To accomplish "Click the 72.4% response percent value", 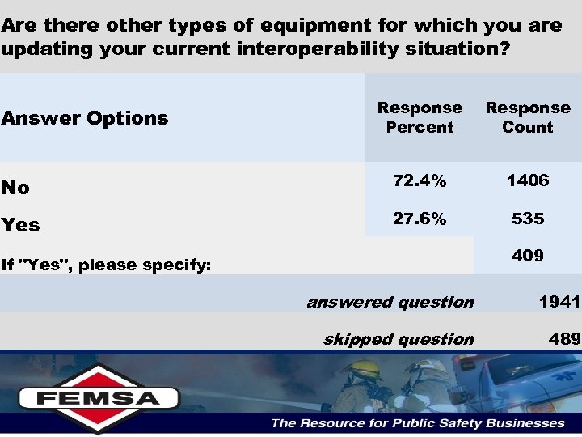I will (x=420, y=181).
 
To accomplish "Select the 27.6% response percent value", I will (x=420, y=218).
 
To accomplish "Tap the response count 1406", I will (x=528, y=181).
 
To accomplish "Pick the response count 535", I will (x=528, y=218).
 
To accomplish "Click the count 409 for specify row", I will (x=528, y=256).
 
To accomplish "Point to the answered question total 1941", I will (x=559, y=302).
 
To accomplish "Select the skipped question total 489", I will (x=564, y=339).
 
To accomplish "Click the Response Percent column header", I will (x=420, y=117).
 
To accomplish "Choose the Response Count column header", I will (x=528, y=117).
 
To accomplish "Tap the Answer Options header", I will (x=85, y=118).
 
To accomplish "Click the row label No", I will (x=15, y=188).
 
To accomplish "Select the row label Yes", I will (x=20, y=225).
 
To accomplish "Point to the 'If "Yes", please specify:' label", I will (x=106, y=265).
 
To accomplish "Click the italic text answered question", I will (x=390, y=302).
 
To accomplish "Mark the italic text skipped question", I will (x=399, y=339).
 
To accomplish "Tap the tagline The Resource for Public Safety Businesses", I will (x=417, y=422).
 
